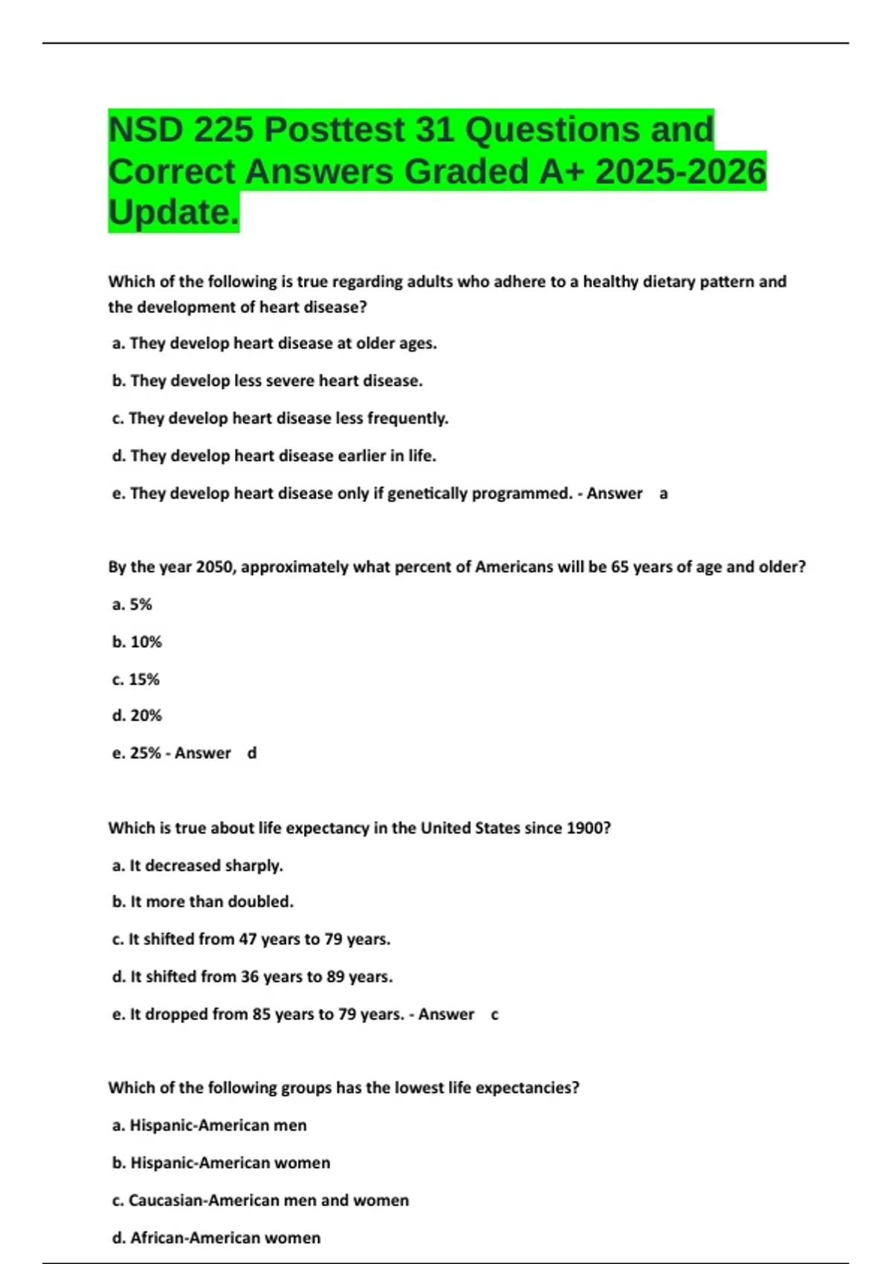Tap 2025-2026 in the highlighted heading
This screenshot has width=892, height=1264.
point(680,172)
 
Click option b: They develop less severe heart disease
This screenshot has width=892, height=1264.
point(268,381)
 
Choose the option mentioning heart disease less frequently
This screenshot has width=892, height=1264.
point(280,419)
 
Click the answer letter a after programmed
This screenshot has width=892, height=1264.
point(664,494)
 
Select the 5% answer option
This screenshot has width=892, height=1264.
point(132,604)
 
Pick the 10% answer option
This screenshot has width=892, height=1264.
point(137,642)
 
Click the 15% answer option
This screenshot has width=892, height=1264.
point(136,680)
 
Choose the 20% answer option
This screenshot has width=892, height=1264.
point(137,715)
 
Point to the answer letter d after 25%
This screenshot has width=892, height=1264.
point(252,753)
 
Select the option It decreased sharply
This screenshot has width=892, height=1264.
point(198,865)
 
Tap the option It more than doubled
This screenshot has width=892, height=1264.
point(203,902)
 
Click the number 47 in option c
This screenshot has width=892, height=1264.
point(248,939)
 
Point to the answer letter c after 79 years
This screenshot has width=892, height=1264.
point(495,1014)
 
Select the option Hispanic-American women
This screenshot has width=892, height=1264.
point(222,1163)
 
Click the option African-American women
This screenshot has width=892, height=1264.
point(216,1238)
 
